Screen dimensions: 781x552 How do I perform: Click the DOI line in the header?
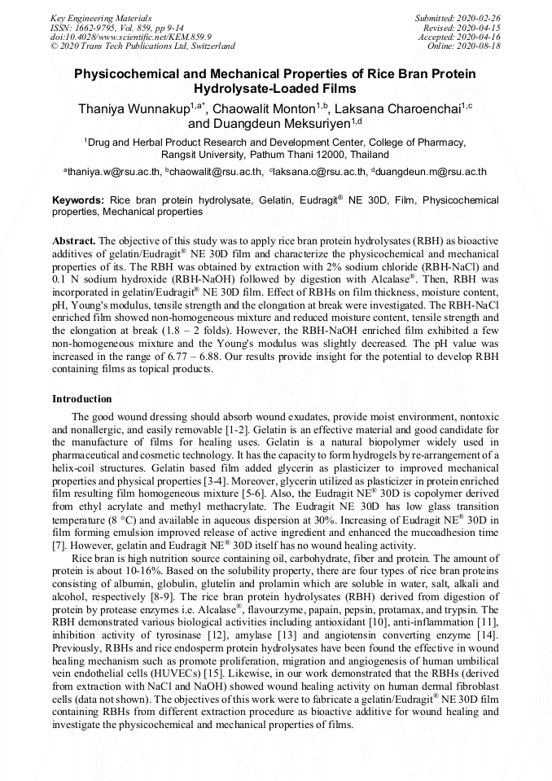pyautogui.click(x=131, y=37)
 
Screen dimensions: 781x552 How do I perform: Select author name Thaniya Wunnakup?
pyautogui.click(x=134, y=108)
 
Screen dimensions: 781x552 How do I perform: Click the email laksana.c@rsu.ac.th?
pyautogui.click(x=317, y=172)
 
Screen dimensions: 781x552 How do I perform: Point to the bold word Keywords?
pyautogui.click(x=78, y=200)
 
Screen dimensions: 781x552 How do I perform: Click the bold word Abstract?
pyautogui.click(x=75, y=242)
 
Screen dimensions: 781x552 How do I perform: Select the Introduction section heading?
pyautogui.click(x=82, y=399)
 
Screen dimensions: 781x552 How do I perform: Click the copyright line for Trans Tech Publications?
pyautogui.click(x=143, y=46)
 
